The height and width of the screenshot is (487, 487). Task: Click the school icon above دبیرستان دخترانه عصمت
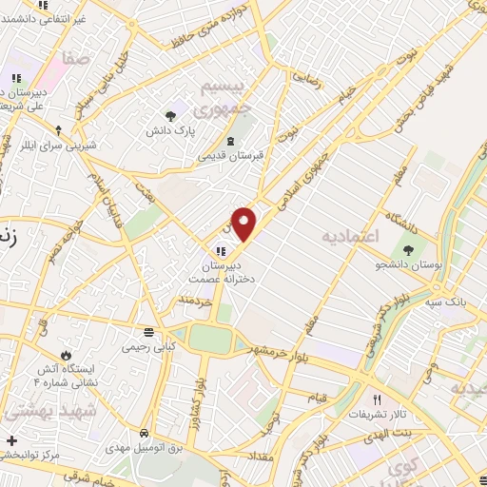pos(220,251)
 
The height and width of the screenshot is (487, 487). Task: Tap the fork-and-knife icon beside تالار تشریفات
pos(378,400)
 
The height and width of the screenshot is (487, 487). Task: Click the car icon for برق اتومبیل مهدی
pos(143,429)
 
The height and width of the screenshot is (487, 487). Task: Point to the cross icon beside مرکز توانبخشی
pos(10,441)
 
